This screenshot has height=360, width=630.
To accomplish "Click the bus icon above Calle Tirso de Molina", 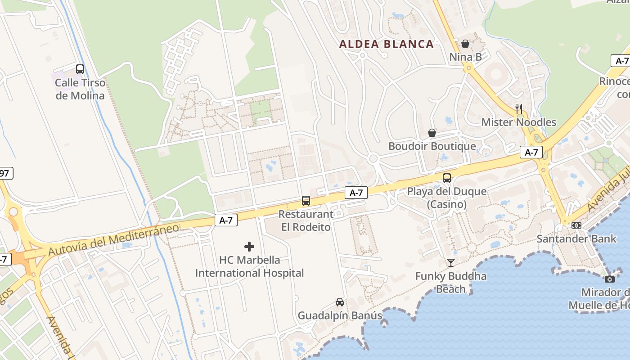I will (x=80, y=69).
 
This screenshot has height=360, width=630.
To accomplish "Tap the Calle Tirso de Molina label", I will (x=80, y=89).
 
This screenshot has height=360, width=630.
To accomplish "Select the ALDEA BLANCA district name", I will (x=387, y=44).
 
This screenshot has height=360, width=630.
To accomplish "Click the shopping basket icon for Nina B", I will (x=465, y=44).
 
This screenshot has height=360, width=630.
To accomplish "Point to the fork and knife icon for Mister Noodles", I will (x=519, y=108).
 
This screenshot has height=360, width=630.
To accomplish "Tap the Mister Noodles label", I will (x=519, y=122).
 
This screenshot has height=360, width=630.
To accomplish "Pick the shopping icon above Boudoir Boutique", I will (x=432, y=133).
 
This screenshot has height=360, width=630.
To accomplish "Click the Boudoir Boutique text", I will (x=432, y=146).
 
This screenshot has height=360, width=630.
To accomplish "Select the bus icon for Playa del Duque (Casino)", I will (x=447, y=178).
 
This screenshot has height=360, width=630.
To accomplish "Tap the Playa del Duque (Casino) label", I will (x=447, y=198).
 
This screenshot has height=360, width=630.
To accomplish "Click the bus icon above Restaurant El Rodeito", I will (x=306, y=201).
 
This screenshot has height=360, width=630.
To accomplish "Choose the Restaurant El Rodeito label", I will (x=306, y=220).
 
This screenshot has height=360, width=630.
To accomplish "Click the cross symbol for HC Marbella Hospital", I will (x=249, y=247).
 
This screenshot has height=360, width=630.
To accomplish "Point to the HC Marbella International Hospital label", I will (x=249, y=266).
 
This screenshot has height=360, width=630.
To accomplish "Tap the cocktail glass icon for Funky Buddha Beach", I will (x=451, y=263).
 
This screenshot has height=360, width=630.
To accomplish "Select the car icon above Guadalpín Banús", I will (x=340, y=302).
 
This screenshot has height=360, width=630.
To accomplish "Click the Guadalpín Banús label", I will (x=340, y=315).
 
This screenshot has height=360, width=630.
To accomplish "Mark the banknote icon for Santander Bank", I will (x=576, y=225).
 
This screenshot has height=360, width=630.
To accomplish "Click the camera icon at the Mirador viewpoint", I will (x=610, y=279).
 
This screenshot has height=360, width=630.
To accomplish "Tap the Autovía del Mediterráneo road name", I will (x=113, y=240).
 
